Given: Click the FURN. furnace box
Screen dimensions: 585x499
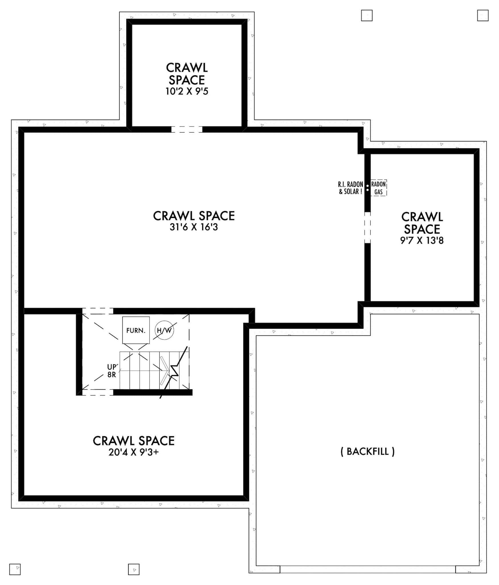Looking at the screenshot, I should click(136, 330).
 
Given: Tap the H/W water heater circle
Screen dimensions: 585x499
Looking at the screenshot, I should click(164, 330).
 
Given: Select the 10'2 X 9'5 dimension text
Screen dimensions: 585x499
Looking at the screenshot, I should click(187, 91).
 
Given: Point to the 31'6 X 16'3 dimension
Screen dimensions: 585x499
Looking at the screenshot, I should click(194, 227).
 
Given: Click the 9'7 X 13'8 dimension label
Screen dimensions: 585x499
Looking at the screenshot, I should click(422, 241).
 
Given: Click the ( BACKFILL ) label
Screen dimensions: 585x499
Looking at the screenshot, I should click(368, 451).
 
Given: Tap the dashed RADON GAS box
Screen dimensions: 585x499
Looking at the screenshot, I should click(379, 188).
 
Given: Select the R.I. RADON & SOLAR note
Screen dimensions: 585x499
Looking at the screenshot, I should click(351, 188).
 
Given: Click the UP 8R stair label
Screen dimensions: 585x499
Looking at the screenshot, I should click(112, 371).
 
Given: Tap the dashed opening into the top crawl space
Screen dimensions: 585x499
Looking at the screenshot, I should click(187, 129).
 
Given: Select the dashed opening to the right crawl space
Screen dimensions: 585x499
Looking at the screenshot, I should click(367, 228).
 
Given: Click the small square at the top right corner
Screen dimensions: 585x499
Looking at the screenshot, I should click(483, 15).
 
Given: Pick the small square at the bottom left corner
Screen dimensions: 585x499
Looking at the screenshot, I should click(15, 569).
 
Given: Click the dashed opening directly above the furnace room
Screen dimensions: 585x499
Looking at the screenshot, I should click(98, 311).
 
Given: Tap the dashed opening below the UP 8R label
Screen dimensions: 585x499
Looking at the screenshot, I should click(98, 392).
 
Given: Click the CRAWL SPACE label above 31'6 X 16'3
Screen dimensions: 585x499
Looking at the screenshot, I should click(194, 216).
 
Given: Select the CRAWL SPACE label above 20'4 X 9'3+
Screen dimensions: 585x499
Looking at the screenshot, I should click(134, 441).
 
